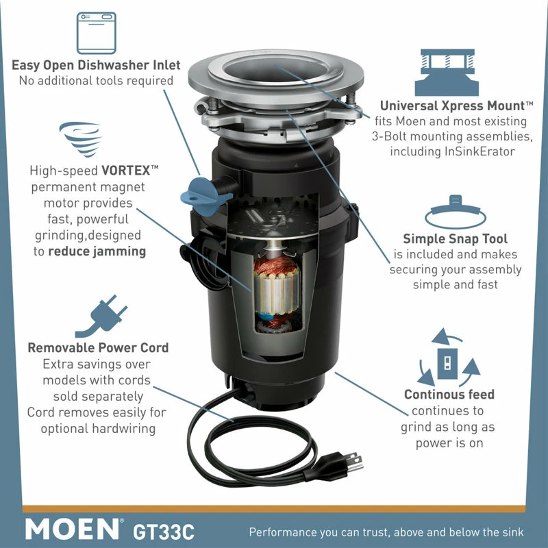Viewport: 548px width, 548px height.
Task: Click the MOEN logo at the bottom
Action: [73, 528]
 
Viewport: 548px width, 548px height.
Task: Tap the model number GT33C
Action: [164, 529]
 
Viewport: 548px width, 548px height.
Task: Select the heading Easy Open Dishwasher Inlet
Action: [96, 66]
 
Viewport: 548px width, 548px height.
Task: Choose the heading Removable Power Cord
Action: [98, 348]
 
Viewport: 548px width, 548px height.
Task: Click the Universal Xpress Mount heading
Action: [457, 106]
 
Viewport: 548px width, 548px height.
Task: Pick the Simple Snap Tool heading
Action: [455, 239]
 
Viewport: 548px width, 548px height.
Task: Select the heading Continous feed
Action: [449, 395]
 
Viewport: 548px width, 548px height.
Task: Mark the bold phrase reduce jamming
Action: [97, 251]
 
